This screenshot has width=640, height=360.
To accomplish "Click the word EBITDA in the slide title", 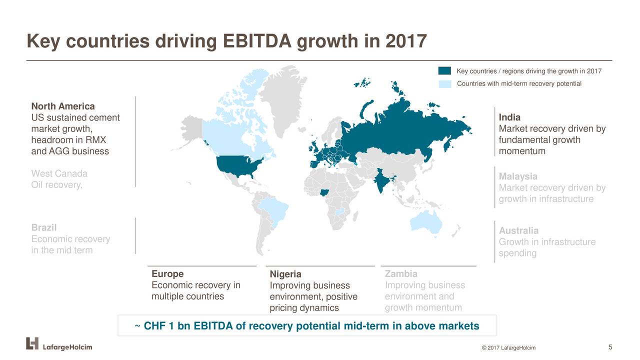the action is pyautogui.click(x=257, y=41).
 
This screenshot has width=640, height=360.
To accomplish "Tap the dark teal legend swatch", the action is pyautogui.click(x=444, y=71).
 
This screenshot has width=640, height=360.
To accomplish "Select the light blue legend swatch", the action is pyautogui.click(x=444, y=84).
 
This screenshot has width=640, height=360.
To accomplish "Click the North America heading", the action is pyautogui.click(x=63, y=106).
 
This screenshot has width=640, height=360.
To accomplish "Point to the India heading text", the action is pyautogui.click(x=509, y=117).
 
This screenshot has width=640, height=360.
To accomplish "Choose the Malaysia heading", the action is pyautogui.click(x=518, y=176).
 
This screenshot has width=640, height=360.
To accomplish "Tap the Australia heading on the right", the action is pyautogui.click(x=518, y=230).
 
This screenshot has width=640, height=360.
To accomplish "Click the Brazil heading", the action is pyautogui.click(x=43, y=227).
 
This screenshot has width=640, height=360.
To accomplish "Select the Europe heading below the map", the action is pyautogui.click(x=167, y=273).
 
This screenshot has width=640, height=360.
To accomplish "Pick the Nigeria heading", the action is pyautogui.click(x=285, y=274).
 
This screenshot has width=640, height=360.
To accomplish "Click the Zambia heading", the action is pyautogui.click(x=401, y=273).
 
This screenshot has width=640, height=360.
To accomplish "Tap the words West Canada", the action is pyautogui.click(x=59, y=173).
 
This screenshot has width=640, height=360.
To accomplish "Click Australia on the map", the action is pyautogui.click(x=425, y=223).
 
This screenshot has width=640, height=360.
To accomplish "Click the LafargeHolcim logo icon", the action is pyautogui.click(x=32, y=343).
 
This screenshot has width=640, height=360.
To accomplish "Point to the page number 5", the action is pyautogui.click(x=610, y=347).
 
